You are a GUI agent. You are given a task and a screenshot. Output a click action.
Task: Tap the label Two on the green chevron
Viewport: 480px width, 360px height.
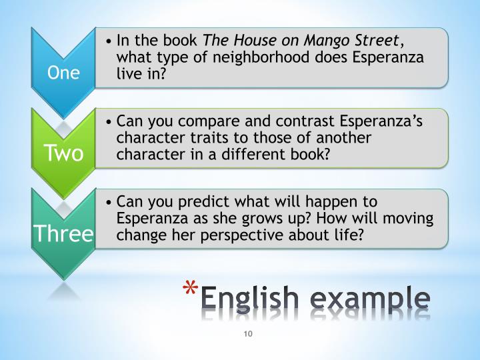click(63, 153)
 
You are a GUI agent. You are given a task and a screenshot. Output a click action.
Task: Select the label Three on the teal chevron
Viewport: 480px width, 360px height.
click(63, 233)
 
